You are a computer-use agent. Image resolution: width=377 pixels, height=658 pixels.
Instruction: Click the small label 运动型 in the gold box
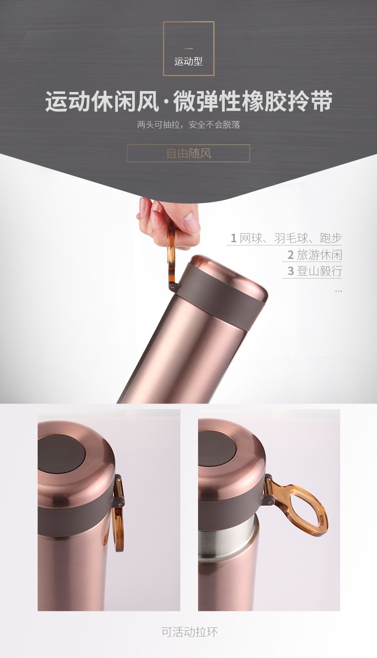tap(188, 62)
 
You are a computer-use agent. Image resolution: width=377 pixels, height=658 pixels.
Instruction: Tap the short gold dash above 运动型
tap(188, 49)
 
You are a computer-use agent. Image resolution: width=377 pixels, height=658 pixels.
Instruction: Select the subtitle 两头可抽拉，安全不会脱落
tap(188, 124)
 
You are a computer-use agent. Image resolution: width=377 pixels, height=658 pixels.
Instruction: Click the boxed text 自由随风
tap(188, 153)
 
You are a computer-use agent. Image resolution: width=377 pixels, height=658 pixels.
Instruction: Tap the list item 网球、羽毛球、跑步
tap(291, 238)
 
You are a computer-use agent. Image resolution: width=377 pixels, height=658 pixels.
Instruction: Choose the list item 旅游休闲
tap(319, 255)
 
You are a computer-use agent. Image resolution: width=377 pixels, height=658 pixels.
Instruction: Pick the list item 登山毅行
tap(319, 271)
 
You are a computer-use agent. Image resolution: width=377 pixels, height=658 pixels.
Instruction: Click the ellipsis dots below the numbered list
tap(338, 291)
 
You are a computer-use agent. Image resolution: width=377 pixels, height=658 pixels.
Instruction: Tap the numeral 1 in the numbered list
tap(233, 238)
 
